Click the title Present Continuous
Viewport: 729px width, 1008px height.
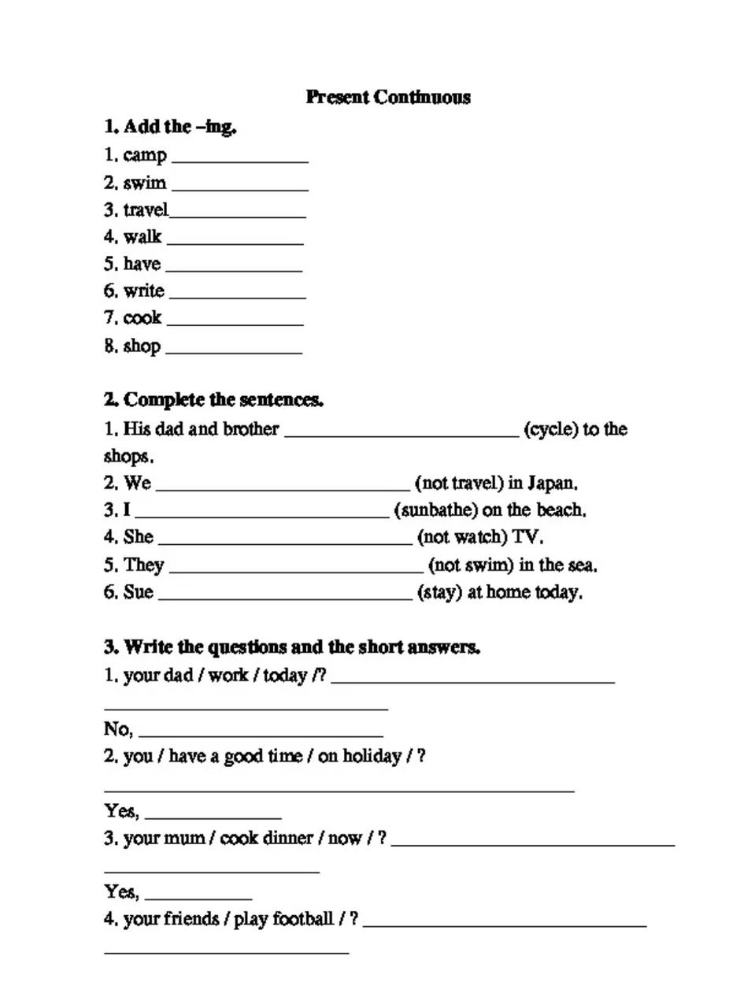(388, 97)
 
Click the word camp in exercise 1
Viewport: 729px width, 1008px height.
(145, 155)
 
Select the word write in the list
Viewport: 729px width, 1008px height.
(144, 291)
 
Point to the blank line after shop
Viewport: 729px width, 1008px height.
(234, 351)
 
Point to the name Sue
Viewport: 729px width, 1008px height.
(139, 591)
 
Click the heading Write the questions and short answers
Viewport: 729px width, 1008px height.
(292, 647)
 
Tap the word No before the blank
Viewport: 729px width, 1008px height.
(117, 728)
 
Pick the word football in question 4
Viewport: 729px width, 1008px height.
(303, 919)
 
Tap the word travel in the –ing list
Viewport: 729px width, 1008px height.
(146, 210)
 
